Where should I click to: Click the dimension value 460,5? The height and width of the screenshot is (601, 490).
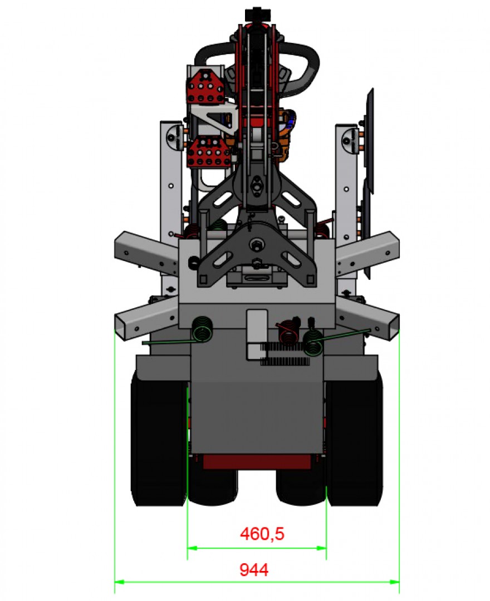tap(262, 534)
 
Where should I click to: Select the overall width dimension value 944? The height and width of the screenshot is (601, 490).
tap(254, 570)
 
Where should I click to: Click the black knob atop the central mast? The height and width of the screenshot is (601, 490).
tap(256, 13)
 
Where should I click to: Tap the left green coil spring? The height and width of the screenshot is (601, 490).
tap(202, 329)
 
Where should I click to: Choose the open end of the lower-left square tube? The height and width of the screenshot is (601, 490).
tap(124, 327)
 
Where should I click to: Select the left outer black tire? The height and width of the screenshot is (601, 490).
tap(158, 440)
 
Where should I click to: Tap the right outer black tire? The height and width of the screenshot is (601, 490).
tap(354, 440)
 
